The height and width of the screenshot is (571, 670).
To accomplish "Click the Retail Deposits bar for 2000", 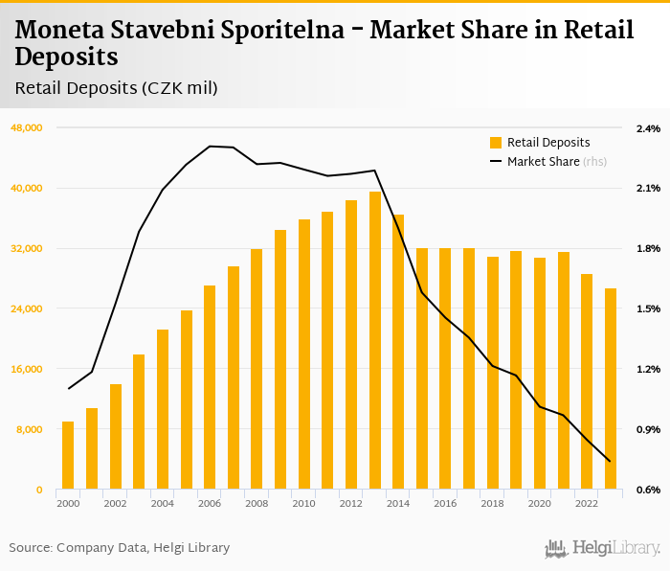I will [68, 456].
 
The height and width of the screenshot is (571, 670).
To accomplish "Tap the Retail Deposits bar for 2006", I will [210, 388].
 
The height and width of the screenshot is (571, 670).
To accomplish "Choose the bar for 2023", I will [611, 389].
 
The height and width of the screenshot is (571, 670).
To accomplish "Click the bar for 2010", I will [304, 354].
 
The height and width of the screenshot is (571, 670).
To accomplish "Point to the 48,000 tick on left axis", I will [25, 127].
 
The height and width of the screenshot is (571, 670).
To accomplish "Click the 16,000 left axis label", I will [25, 369].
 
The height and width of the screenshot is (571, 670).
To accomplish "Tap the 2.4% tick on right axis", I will [648, 127].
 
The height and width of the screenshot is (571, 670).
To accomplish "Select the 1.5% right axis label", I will [648, 308].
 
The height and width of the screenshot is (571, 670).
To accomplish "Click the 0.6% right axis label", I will [648, 490].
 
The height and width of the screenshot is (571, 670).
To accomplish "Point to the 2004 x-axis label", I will [163, 503].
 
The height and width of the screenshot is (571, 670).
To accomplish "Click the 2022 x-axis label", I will [587, 503].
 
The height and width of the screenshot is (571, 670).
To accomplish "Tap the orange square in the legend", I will [496, 143].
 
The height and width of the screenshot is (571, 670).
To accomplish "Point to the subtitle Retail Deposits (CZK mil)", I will [117, 88].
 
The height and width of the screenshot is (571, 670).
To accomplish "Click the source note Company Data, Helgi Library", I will [143, 548].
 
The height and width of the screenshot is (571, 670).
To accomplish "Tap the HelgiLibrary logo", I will [602, 548].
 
